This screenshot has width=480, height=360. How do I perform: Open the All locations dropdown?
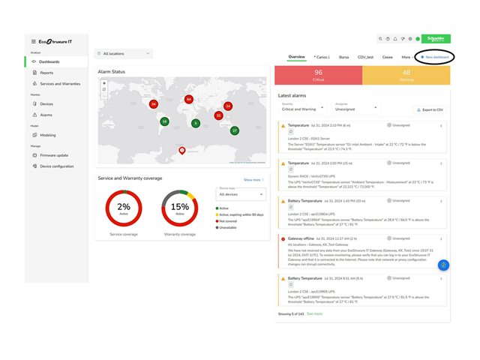pyautogui.click(x=124, y=53)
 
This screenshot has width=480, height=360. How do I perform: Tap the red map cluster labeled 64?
pyautogui.click(x=189, y=99)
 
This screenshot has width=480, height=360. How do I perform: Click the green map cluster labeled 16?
pyautogui.click(x=165, y=121)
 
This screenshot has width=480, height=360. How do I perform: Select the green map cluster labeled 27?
pyautogui.click(x=235, y=130)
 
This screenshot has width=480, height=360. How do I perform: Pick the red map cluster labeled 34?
pyautogui.click(x=154, y=104)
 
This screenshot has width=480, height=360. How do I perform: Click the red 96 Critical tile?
pyautogui.click(x=318, y=75)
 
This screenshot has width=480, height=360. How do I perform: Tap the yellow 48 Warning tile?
pyautogui.click(x=406, y=75)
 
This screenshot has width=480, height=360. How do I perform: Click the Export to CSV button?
pyautogui.click(x=429, y=109)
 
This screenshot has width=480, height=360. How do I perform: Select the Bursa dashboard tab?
pyautogui.click(x=343, y=57)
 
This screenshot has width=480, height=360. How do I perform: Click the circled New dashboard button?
pyautogui.click(x=434, y=57)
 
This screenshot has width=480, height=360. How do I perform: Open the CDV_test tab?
pyautogui.click(x=366, y=57)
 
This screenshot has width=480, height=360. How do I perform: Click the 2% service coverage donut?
pyautogui.click(x=123, y=208)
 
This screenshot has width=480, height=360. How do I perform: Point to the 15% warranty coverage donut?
pyautogui.click(x=180, y=208)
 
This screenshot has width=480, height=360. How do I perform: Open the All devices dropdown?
pyautogui.click(x=241, y=194)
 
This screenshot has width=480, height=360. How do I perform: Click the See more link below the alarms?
pyautogui.click(x=314, y=313)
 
